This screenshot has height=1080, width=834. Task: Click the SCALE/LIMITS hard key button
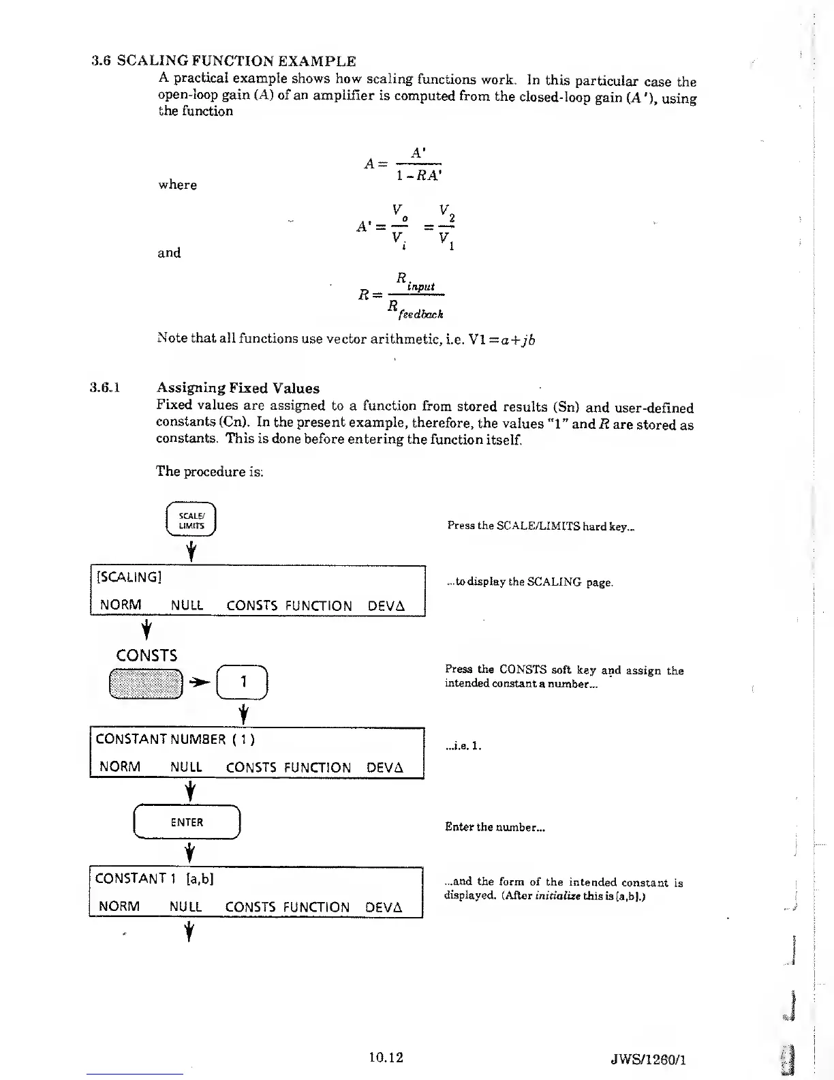click(x=191, y=519)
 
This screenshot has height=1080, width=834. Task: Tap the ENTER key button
click(x=187, y=822)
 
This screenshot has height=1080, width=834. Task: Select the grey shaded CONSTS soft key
click(x=146, y=683)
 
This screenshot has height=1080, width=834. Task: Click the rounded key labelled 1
click(x=243, y=682)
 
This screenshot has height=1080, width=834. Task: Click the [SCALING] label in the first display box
click(x=129, y=577)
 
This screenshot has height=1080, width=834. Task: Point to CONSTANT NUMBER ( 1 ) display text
click(x=175, y=739)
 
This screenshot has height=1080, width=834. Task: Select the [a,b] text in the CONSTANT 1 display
click(x=200, y=879)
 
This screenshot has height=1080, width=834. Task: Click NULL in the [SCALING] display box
click(x=187, y=605)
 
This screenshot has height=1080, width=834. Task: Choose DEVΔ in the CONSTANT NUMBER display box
click(x=385, y=767)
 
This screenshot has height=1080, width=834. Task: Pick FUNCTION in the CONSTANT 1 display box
click(x=316, y=907)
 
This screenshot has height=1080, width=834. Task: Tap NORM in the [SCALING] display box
click(x=121, y=604)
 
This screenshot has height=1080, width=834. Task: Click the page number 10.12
click(x=386, y=1057)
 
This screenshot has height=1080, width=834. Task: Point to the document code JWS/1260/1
click(x=648, y=1060)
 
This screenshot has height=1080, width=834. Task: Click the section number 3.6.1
click(x=105, y=387)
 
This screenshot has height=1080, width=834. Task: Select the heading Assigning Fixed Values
click(x=238, y=388)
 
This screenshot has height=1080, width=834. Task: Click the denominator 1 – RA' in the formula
click(x=419, y=175)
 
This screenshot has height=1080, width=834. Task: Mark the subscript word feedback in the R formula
click(x=420, y=314)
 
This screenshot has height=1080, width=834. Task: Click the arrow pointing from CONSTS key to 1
click(x=200, y=682)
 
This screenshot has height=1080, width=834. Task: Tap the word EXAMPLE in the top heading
click(x=317, y=61)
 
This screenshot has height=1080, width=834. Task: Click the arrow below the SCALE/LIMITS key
click(x=191, y=551)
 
